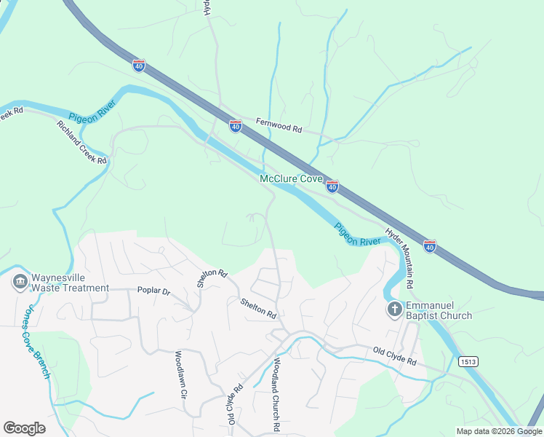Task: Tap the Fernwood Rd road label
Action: point(279,127)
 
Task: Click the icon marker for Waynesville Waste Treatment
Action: point(20,280)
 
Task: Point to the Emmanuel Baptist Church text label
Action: point(439,310)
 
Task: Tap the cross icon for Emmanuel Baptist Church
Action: point(394,310)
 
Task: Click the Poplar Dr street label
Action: point(153,291)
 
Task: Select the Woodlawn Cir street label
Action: point(180,374)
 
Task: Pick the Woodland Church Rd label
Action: point(276,395)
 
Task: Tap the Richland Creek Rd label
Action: point(81,141)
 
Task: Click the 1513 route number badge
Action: point(468,361)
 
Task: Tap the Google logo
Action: point(24,428)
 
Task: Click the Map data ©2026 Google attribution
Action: point(499,431)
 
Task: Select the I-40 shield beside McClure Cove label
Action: point(332,187)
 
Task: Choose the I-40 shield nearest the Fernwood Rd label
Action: point(235,127)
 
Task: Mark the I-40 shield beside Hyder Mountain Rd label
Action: point(430,247)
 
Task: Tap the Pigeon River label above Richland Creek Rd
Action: point(92,117)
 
